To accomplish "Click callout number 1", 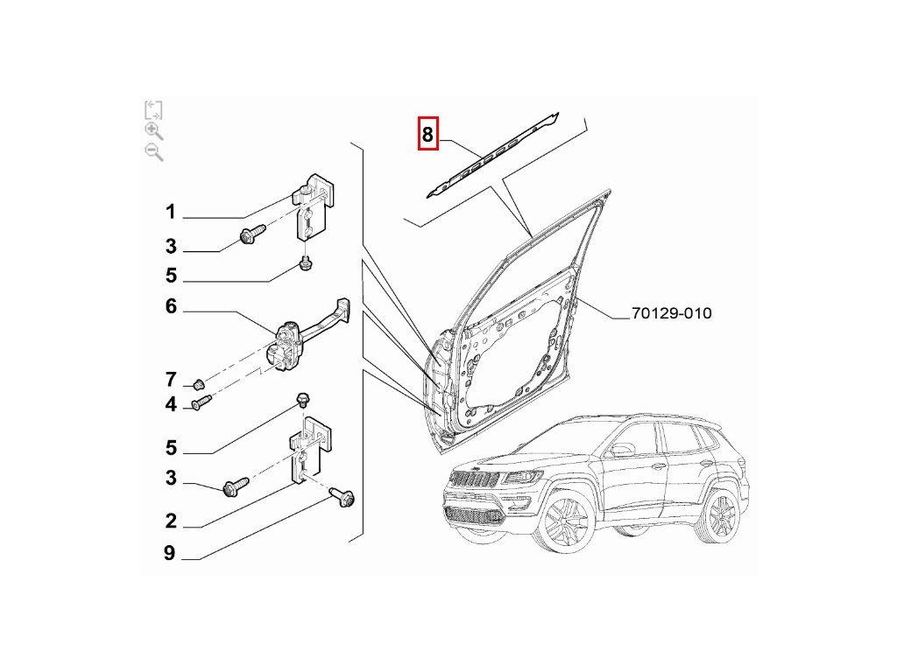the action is [171, 212].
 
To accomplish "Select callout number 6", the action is [171, 306].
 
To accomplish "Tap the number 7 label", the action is [171, 380].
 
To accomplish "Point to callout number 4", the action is [171, 404].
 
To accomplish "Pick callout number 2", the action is [171, 521].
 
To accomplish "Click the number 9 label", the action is [169, 553].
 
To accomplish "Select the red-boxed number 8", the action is [427, 134].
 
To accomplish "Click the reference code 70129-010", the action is [672, 313].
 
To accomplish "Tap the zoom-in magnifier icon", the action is [154, 131].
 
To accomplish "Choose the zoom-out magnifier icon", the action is [154, 152].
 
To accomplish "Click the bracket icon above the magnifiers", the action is [153, 109].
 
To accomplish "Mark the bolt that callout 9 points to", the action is [343, 497].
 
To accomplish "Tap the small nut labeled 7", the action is [199, 384].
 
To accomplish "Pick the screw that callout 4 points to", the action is [202, 402].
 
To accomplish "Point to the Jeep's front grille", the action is [473, 478].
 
